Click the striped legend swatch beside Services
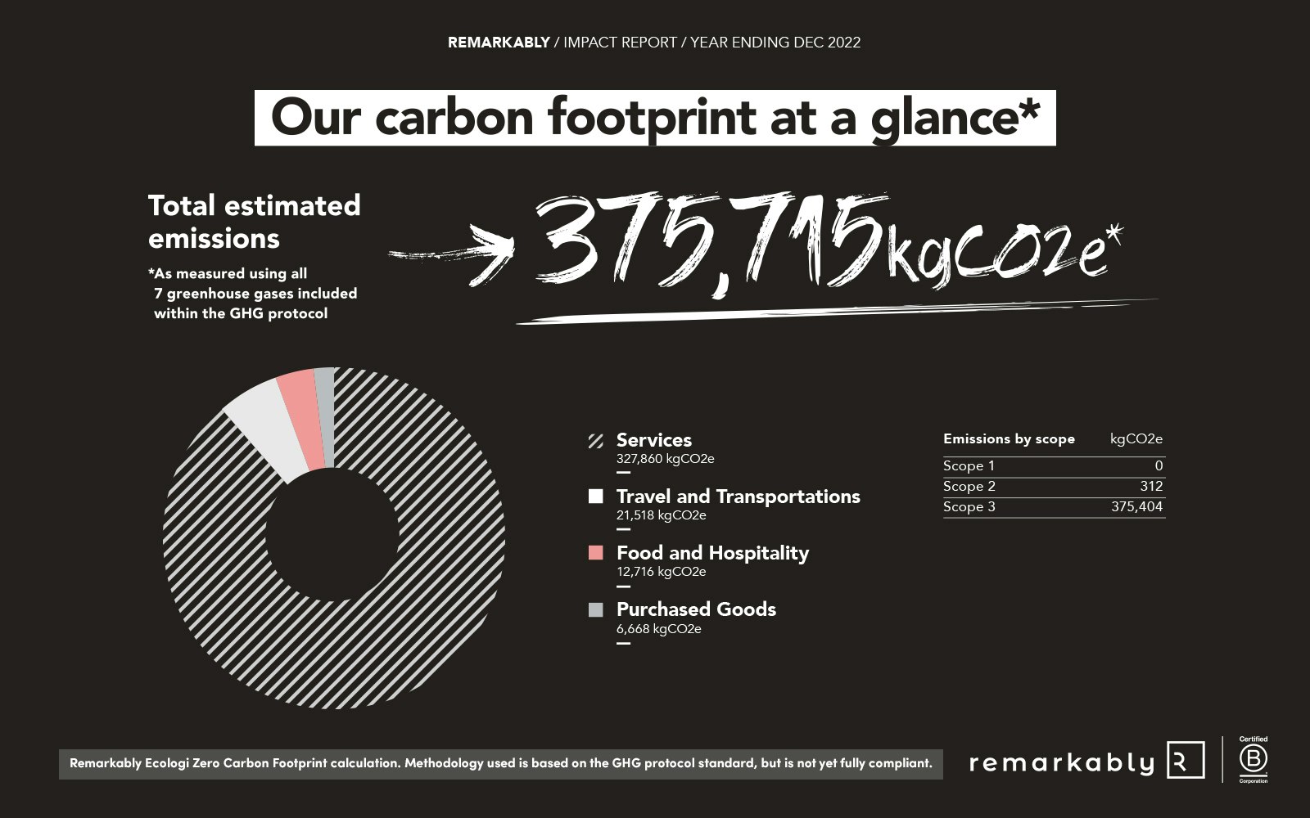(x=595, y=441)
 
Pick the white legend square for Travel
(x=595, y=496)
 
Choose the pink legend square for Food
(x=595, y=553)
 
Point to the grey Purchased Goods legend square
(x=595, y=609)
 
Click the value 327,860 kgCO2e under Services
(x=665, y=459)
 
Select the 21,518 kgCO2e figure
(x=661, y=515)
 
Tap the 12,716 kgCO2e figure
(x=661, y=572)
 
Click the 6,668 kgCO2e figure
(x=658, y=629)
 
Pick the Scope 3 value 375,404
(x=1137, y=506)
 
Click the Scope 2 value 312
(x=1151, y=486)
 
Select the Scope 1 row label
(x=969, y=465)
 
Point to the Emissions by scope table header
(x=1009, y=438)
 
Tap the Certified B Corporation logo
(x=1254, y=760)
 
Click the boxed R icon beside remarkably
(x=1186, y=760)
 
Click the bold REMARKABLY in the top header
(x=499, y=43)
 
